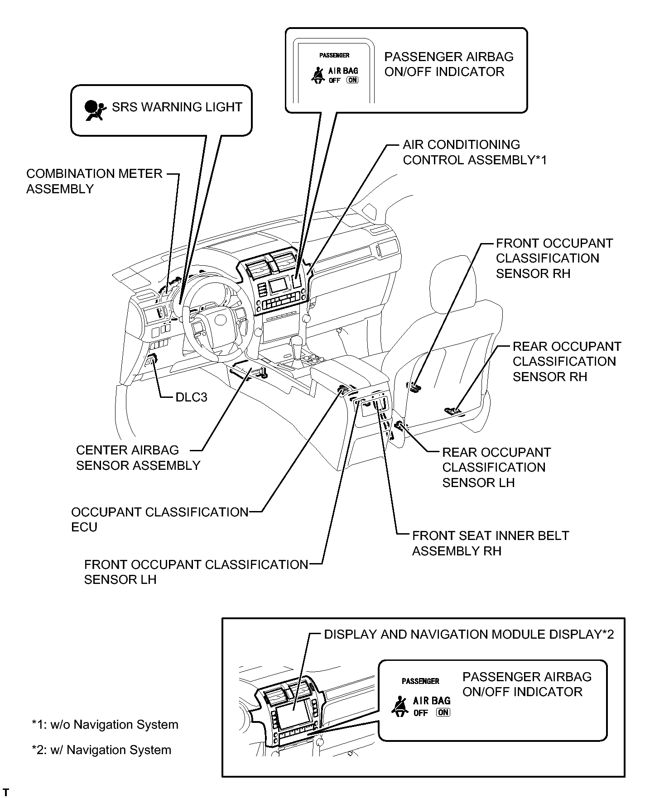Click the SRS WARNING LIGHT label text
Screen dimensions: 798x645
coord(177,107)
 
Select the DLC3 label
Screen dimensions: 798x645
coord(191,397)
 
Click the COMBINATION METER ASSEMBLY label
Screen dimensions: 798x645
coord(94,181)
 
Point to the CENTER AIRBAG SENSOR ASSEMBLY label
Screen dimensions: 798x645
coord(138,458)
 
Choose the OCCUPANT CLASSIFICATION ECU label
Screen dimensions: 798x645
coord(159,519)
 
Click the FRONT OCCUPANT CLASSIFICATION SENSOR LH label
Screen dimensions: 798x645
coord(196,572)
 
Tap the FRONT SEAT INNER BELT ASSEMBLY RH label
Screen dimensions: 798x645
coord(490,543)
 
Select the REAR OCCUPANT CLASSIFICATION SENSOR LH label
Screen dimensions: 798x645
coord(496,467)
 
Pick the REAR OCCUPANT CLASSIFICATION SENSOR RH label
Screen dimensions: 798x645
coord(566,361)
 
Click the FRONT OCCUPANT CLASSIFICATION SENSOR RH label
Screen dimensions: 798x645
coord(554,258)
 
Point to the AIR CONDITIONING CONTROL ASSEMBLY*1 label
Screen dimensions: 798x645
coord(475,152)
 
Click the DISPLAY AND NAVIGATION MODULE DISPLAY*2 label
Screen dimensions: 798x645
coord(469,634)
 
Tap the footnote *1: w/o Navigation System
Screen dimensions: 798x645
coord(105,725)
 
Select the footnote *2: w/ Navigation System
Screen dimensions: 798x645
coord(101,750)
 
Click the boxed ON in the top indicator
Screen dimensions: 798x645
coord(352,80)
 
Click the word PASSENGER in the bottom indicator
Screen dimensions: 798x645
coord(420,681)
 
